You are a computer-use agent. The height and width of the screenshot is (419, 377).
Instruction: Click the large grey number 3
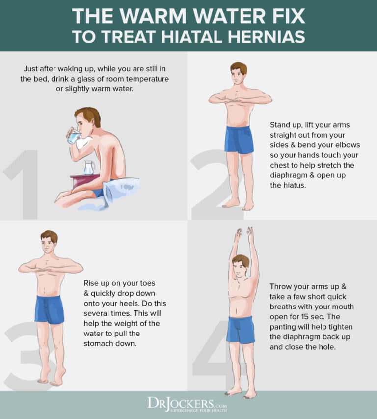25,354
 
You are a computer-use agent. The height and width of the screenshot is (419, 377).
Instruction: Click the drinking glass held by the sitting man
74,138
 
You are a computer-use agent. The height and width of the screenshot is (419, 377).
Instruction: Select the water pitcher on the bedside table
88,168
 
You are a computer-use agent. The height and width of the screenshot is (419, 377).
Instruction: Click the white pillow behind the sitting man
123,189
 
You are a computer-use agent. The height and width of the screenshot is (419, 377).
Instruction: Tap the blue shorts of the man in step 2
239,140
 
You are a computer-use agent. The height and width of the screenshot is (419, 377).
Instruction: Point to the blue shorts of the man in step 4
241,330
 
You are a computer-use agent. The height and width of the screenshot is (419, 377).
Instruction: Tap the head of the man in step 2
239,73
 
